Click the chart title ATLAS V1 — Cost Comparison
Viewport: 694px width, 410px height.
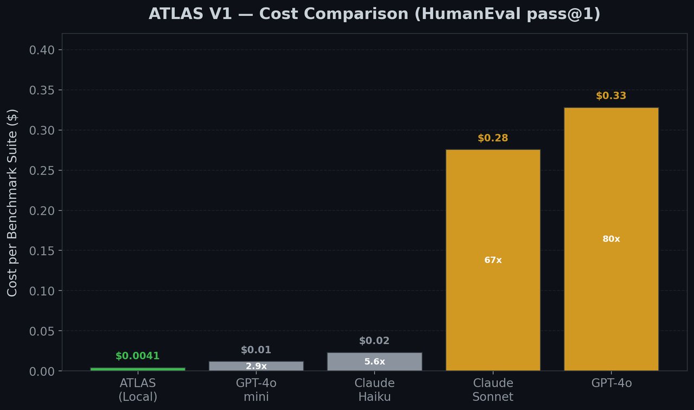click(x=374, y=14)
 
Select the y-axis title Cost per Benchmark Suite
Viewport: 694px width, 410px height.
click(x=12, y=203)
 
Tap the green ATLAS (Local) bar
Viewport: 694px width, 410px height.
click(x=137, y=369)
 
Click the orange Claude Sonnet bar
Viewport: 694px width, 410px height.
click(x=493, y=217)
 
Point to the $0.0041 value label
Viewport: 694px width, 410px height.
click(x=137, y=356)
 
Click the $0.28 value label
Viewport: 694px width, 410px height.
click(x=493, y=138)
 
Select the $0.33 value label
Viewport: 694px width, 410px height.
click(x=611, y=96)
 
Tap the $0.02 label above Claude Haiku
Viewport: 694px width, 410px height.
click(x=374, y=341)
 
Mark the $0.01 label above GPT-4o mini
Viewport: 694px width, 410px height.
click(x=256, y=350)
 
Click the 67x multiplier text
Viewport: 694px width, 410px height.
click(x=493, y=260)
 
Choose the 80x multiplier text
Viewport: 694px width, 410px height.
click(x=611, y=239)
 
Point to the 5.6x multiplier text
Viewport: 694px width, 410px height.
click(x=374, y=362)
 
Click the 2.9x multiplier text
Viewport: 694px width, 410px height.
click(x=256, y=366)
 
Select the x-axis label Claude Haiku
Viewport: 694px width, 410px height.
click(x=374, y=390)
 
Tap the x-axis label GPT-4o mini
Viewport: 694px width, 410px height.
click(x=256, y=390)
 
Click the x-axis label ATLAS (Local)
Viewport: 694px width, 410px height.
click(x=137, y=390)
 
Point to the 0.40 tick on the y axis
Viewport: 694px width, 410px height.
click(x=42, y=50)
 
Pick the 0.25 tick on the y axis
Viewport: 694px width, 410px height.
click(x=42, y=171)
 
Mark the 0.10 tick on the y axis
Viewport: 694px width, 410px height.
click(x=42, y=291)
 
